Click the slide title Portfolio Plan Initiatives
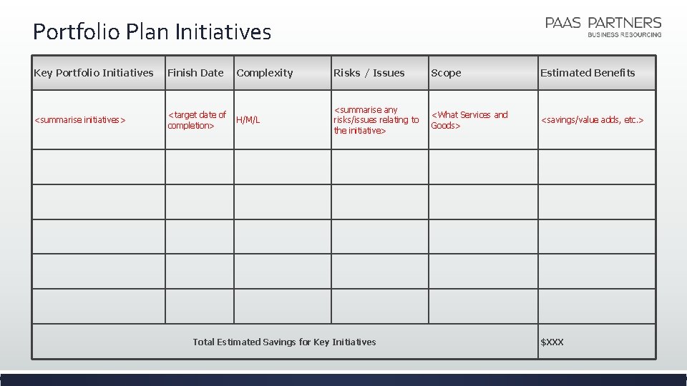tap(152, 32)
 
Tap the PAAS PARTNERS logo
tap(603, 23)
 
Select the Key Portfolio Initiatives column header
tap(94, 73)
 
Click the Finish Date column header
tap(195, 73)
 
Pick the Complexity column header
tap(265, 73)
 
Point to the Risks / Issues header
tap(369, 73)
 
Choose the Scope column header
tap(446, 73)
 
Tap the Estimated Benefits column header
tap(588, 73)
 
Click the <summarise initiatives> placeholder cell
tap(80, 120)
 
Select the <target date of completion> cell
tap(197, 120)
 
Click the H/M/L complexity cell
tap(248, 120)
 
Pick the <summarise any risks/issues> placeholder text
tap(376, 120)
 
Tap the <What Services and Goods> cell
tap(469, 120)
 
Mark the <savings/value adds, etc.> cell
tap(592, 120)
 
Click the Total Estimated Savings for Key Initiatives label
tap(284, 342)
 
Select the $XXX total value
tap(552, 342)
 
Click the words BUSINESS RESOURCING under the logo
tap(624, 34)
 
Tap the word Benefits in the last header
tap(615, 73)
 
